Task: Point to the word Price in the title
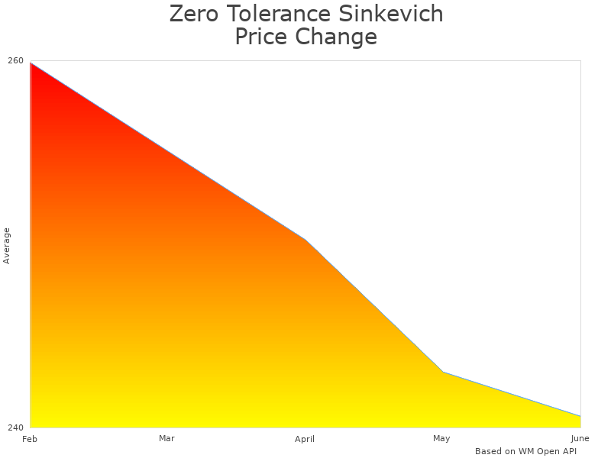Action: tap(262, 37)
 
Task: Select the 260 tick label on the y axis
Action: tap(16, 61)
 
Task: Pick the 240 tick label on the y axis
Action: tap(16, 427)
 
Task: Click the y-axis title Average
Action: tap(7, 246)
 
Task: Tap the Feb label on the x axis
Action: tap(30, 439)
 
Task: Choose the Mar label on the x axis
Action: tap(166, 438)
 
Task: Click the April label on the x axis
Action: tap(305, 439)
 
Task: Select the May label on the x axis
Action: tap(441, 438)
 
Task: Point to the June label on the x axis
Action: tap(580, 438)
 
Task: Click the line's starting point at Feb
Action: tap(31, 63)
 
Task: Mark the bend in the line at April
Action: tap(305, 240)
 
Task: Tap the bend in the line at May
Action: tap(443, 372)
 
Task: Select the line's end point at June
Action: tap(580, 416)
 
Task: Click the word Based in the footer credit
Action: tap(488, 451)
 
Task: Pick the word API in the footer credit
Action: tap(568, 451)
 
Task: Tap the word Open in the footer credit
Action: tap(545, 451)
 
